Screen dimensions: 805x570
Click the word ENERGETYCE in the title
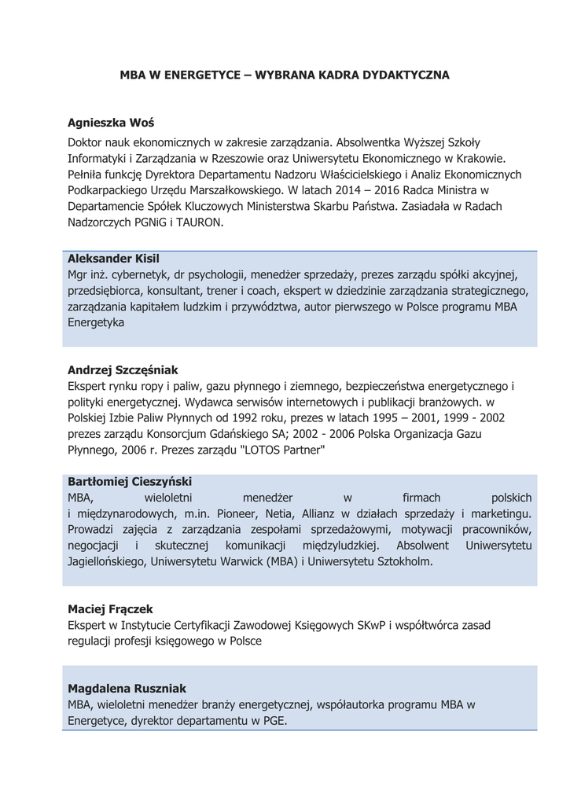pos(200,75)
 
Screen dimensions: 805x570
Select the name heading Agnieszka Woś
pos(111,123)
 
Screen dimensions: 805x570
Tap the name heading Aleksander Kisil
pos(113,259)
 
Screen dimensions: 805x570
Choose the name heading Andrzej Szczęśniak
pos(123,369)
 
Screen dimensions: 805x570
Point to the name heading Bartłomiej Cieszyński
pos(130,481)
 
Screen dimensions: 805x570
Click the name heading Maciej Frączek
pos(110,608)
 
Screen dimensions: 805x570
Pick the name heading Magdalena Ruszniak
pos(127,688)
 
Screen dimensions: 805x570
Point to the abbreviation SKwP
pos(366,625)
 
